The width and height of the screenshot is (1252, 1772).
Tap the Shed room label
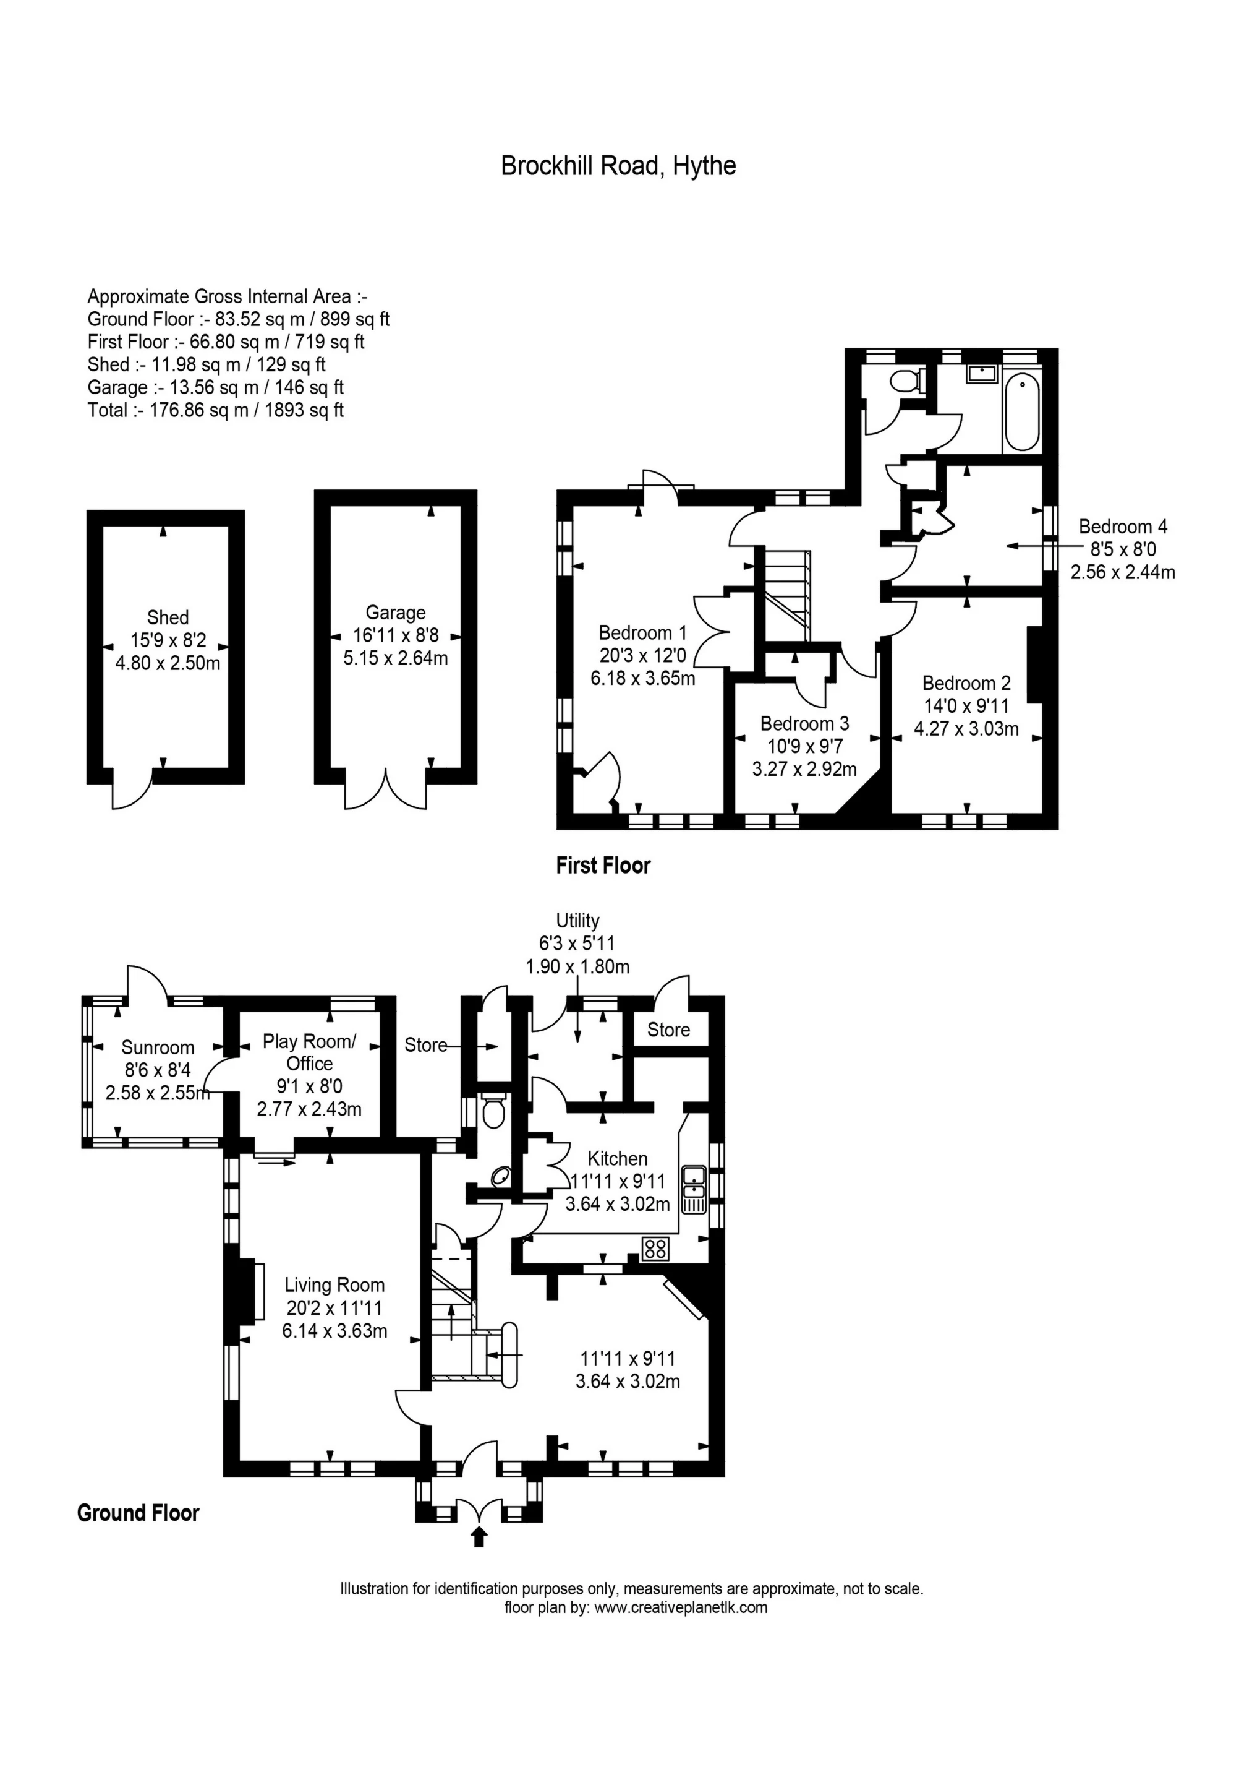coord(168,617)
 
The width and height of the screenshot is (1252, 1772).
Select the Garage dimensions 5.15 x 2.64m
coord(395,658)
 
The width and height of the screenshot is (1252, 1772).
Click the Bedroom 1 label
coord(642,633)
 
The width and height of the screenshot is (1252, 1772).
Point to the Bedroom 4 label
coord(1122,527)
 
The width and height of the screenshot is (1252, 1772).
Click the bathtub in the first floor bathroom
coord(1022,411)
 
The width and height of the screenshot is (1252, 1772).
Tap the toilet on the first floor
coord(903,381)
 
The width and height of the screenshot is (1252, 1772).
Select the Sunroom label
coord(158,1047)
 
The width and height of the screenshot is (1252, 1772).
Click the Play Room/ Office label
coord(309,1052)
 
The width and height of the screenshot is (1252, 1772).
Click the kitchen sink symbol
coord(694,1189)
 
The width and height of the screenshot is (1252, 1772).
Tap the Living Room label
coord(334,1285)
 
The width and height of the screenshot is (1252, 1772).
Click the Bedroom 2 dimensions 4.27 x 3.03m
coord(966,729)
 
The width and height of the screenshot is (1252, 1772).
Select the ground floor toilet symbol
coord(493,1114)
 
